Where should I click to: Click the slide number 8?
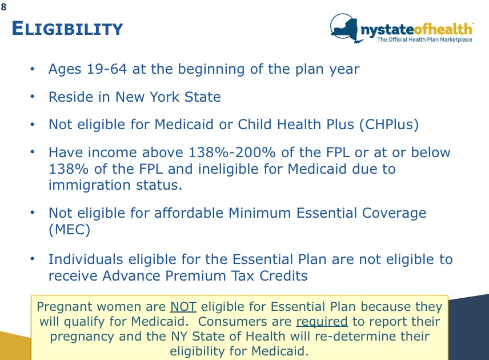pyautogui.click(x=4, y=7)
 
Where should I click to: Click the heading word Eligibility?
pyautogui.click(x=67, y=29)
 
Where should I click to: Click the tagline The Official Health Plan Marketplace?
pyautogui.click(x=424, y=39)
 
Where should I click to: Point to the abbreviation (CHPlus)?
pyautogui.click(x=389, y=125)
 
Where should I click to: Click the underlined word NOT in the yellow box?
pyautogui.click(x=183, y=307)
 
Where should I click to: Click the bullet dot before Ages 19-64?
pyautogui.click(x=34, y=69)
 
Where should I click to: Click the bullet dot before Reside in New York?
pyautogui.click(x=34, y=96)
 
